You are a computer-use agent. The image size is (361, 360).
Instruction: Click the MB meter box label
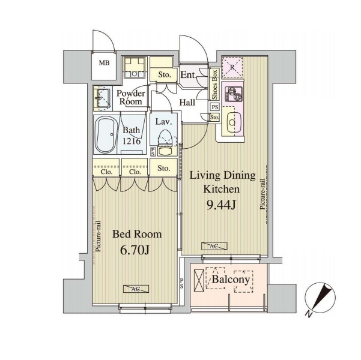tap(104, 62)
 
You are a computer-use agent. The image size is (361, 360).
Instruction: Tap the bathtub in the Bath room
tap(106, 134)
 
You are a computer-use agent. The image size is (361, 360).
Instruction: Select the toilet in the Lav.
tap(165, 143)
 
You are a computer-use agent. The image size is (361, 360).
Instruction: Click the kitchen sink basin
tap(234, 122)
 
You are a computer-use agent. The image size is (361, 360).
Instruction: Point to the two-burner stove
tap(234, 94)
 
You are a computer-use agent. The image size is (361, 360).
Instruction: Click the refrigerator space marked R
tap(232, 67)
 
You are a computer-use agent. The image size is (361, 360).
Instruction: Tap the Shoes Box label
tap(214, 85)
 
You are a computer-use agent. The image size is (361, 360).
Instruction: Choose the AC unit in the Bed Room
tap(136, 289)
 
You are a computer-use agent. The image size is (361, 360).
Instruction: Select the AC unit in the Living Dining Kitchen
tap(214, 246)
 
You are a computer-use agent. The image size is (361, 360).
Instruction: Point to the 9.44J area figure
tap(221, 205)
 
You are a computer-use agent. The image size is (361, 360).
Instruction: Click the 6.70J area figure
tap(135, 250)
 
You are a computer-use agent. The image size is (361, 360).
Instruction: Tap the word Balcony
tap(231, 280)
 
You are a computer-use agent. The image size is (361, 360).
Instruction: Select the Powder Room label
tap(130, 97)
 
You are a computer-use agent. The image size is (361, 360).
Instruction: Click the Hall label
tap(187, 103)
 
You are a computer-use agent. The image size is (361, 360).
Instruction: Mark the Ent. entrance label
tap(188, 75)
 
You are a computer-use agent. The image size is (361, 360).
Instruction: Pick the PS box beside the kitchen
tap(215, 107)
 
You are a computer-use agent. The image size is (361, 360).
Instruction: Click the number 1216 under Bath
tap(131, 141)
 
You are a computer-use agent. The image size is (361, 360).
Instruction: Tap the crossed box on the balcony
tap(199, 281)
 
